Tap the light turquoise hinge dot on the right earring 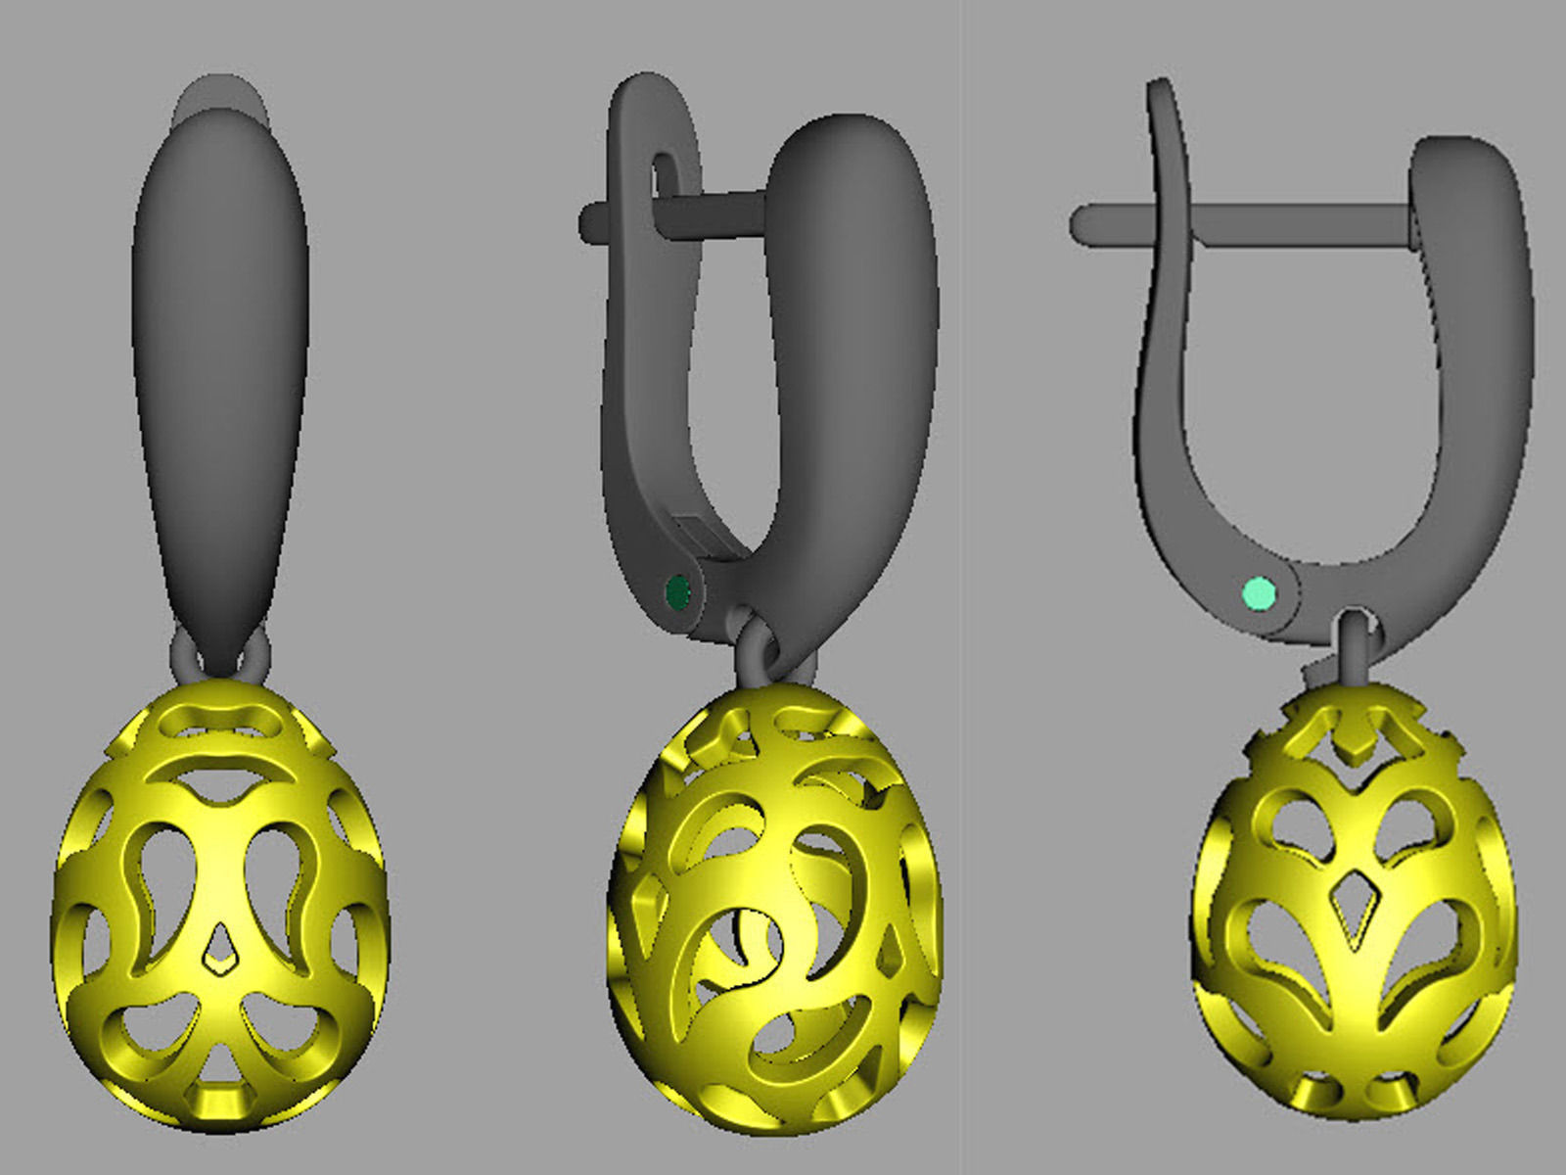[1259, 592]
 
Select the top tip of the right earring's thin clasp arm [1161, 93]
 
